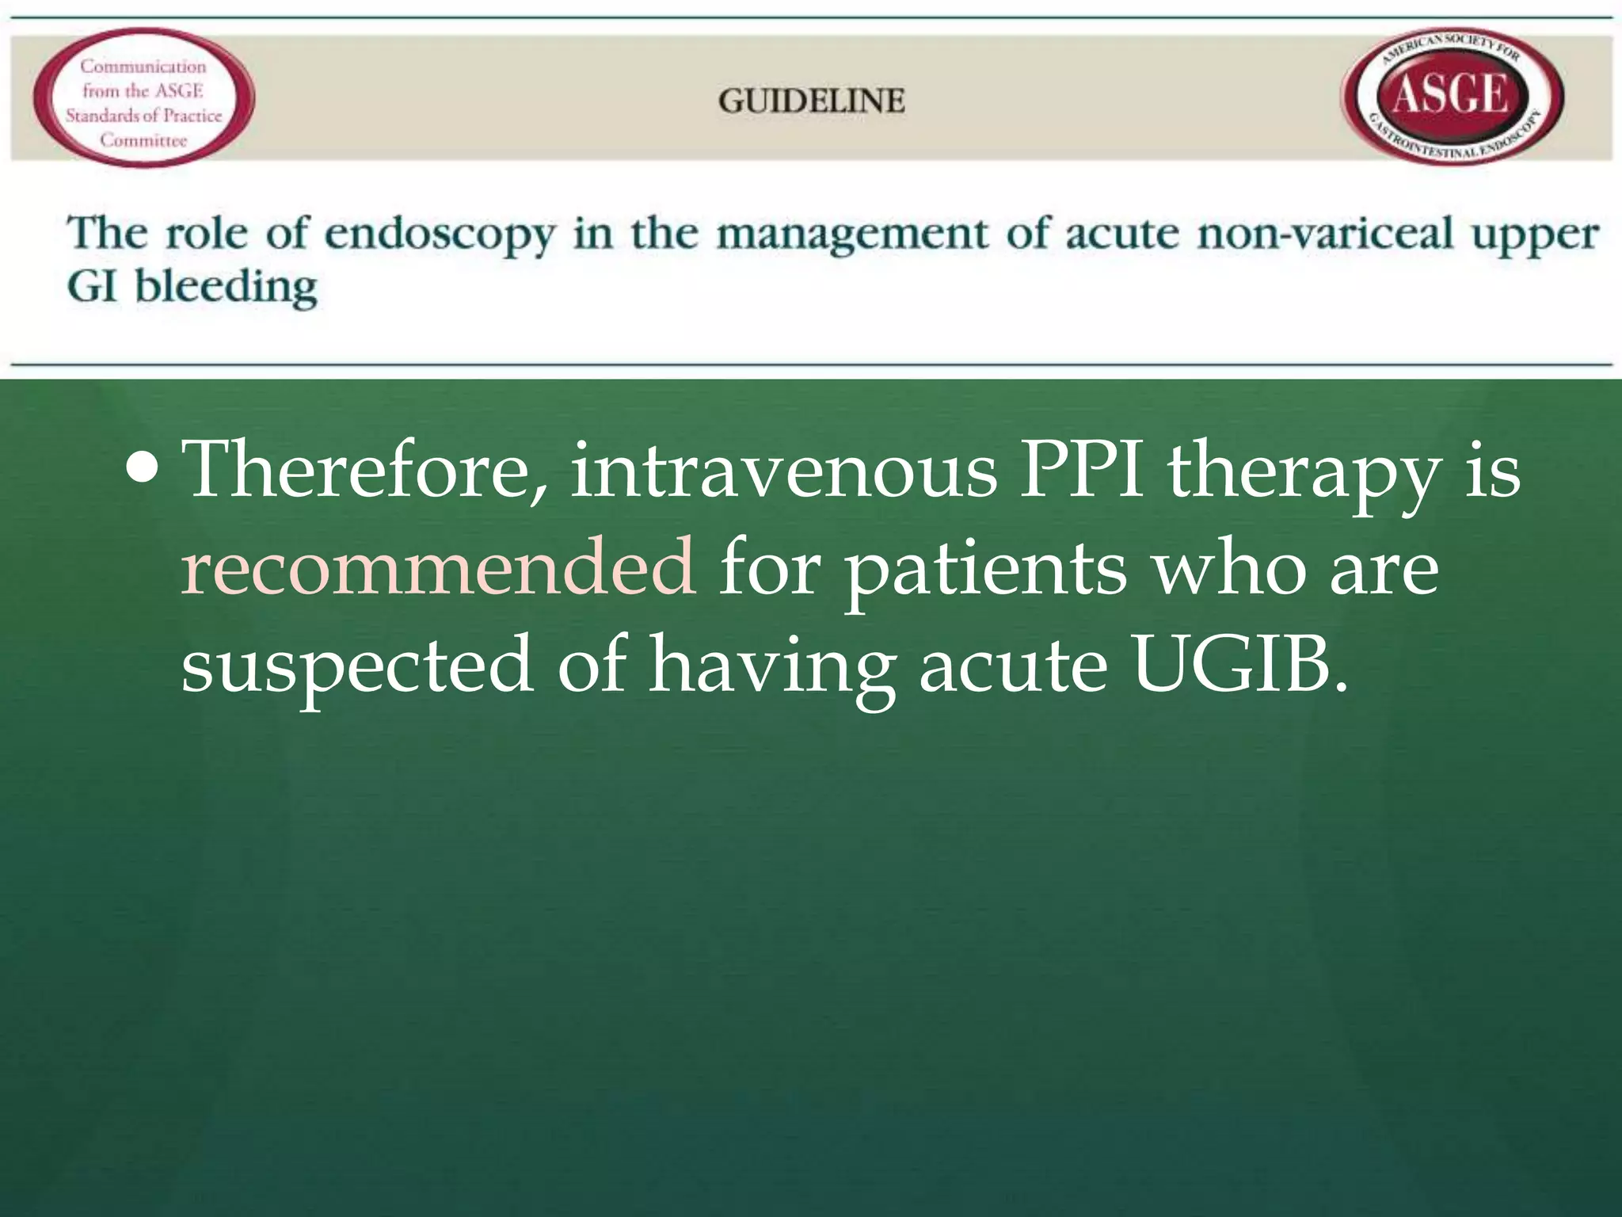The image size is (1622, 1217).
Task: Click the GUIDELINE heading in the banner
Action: (x=811, y=101)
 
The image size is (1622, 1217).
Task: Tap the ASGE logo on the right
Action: (x=1451, y=96)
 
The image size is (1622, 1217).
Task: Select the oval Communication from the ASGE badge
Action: (x=143, y=98)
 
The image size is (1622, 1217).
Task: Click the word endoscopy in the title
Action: (x=440, y=235)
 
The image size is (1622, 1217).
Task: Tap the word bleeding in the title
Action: (x=226, y=287)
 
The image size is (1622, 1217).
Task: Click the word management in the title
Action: (x=851, y=235)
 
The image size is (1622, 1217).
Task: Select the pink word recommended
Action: (x=438, y=567)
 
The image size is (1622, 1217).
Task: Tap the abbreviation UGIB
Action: (x=1239, y=664)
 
